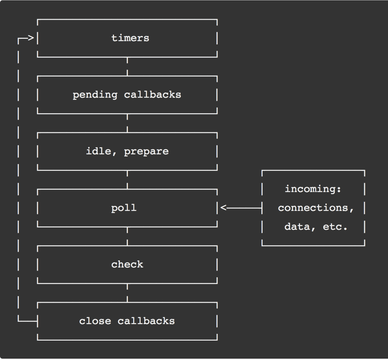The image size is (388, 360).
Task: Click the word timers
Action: coord(130,38)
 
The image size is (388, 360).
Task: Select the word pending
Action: coord(95,95)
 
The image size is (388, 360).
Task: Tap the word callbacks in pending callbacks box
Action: coord(152,95)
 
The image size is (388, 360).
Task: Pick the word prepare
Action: coord(146,152)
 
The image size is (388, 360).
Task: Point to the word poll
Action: coord(124,208)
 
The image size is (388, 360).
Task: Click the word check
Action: coord(127,265)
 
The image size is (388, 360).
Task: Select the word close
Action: coord(95,321)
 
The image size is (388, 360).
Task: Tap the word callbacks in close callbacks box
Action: coord(146,321)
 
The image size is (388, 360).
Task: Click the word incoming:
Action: coord(313,189)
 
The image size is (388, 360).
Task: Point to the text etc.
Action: coord(335,227)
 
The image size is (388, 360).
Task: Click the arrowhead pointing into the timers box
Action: coord(31,38)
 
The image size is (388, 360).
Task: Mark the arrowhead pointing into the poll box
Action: coord(223,208)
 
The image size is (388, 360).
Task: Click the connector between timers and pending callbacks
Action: coord(127,67)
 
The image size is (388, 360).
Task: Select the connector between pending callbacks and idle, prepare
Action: coord(127,123)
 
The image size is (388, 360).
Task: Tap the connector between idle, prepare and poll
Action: coord(127,180)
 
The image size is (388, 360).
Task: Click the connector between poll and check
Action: coord(127,236)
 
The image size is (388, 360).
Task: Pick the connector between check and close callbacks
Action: coord(127,293)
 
